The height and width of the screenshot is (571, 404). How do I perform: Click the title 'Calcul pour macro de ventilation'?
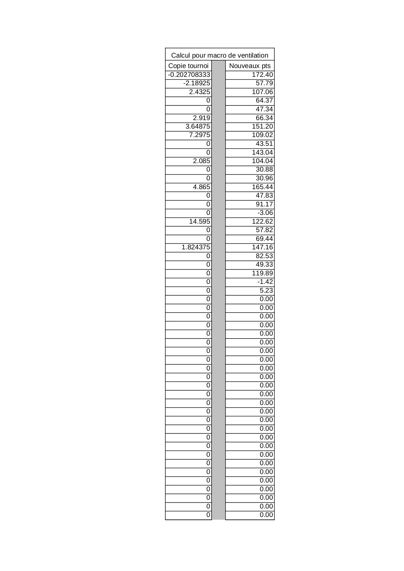[220, 55]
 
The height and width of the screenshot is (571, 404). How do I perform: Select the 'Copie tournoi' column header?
[188, 66]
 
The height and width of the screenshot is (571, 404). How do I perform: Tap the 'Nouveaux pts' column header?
[250, 66]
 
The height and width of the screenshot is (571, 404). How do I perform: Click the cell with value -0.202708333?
[189, 75]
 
